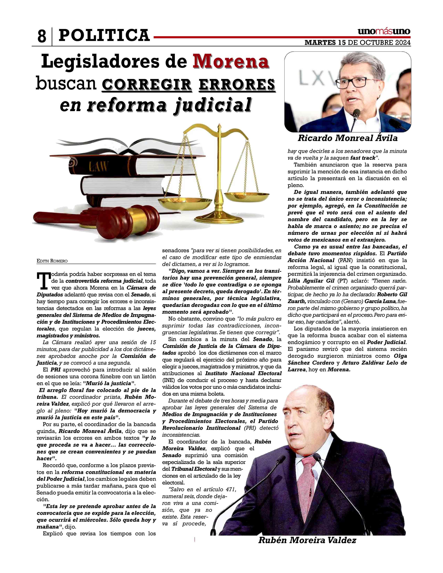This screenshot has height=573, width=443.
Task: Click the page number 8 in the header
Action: point(42,36)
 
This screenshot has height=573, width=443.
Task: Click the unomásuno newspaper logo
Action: point(384,31)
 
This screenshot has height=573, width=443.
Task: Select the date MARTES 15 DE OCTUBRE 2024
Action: point(358,43)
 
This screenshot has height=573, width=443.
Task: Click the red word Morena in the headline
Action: point(231,61)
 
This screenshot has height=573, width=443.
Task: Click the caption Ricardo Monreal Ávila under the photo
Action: point(347,138)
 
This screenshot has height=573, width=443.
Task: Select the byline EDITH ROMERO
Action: point(52,261)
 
